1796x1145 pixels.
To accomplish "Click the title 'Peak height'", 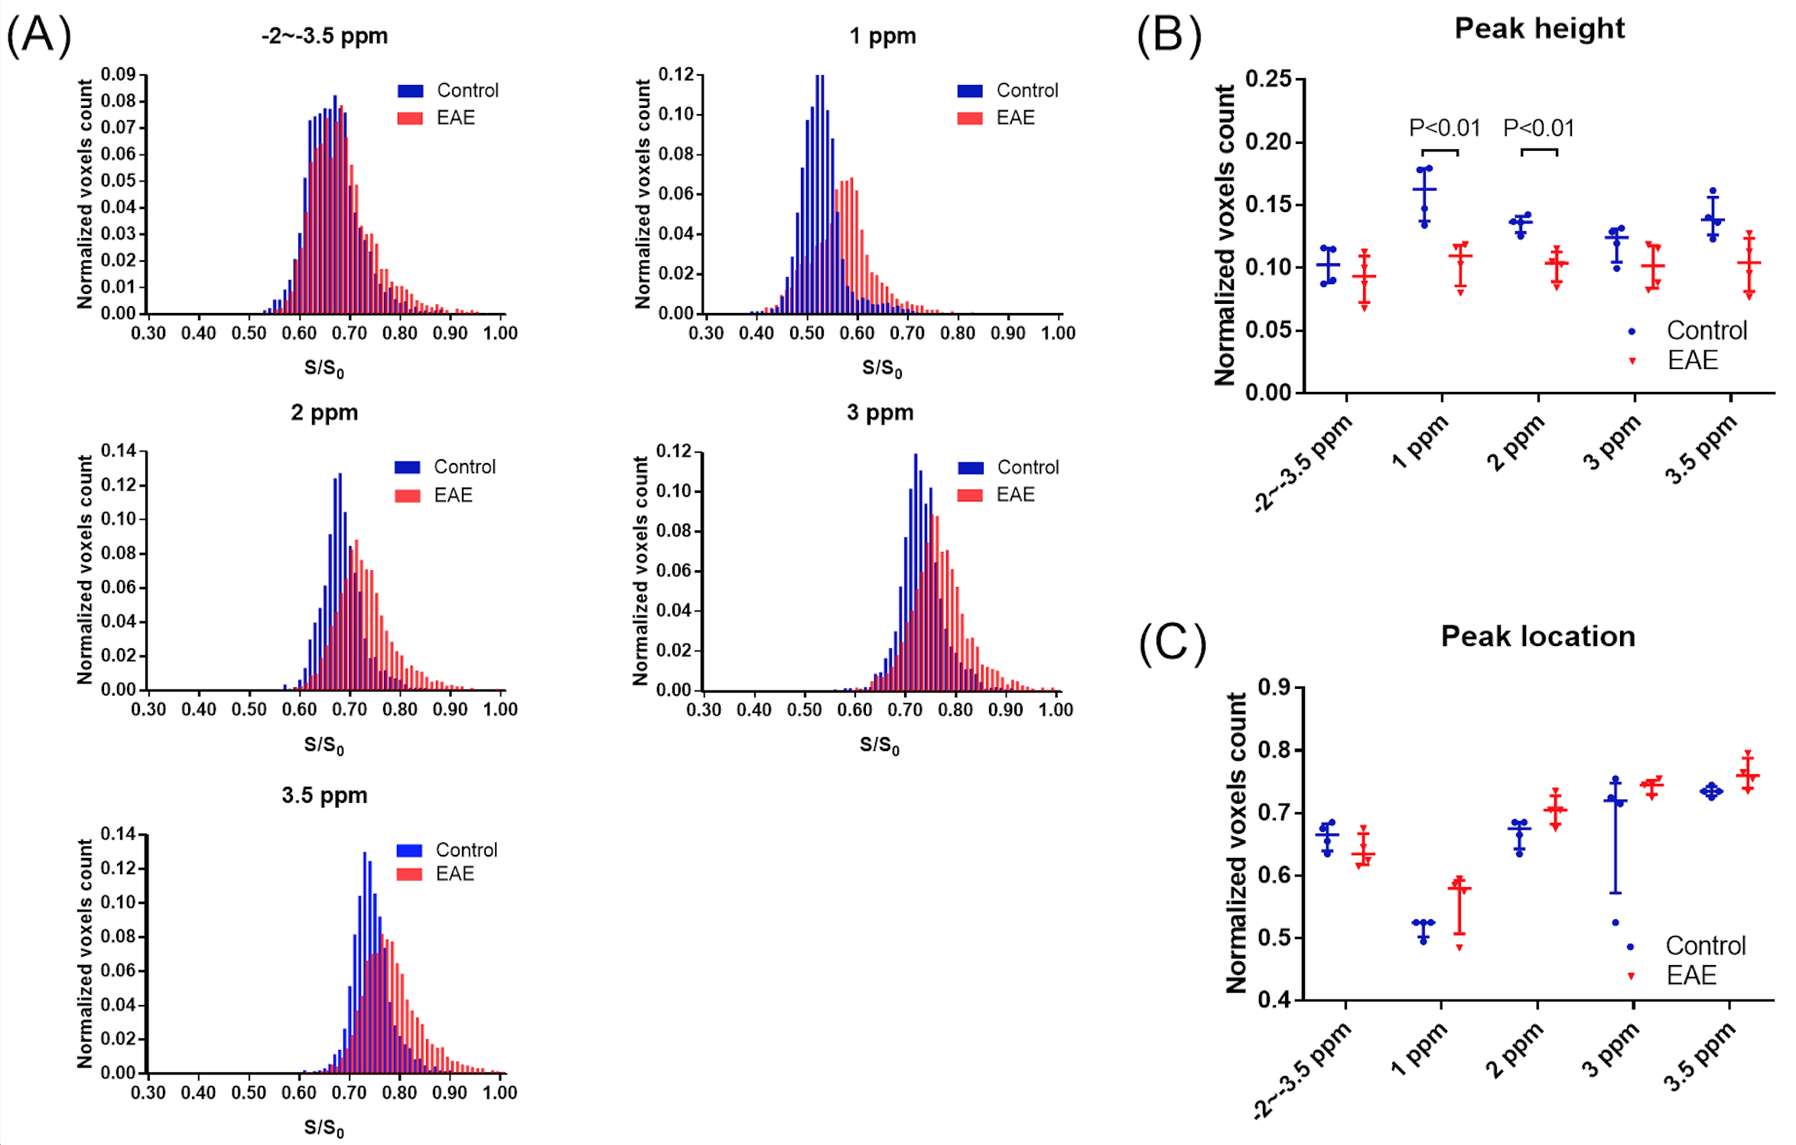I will (1539, 28).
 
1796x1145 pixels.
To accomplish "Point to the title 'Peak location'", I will (1537, 636).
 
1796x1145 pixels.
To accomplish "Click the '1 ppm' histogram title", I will (882, 36).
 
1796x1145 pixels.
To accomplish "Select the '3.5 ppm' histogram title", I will (324, 795).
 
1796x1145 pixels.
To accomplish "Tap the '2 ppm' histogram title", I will (324, 413).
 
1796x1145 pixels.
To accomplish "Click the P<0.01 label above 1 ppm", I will (1444, 128).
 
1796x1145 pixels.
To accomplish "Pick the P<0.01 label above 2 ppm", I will (1538, 128).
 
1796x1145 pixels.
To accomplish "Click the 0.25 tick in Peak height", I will (1268, 79).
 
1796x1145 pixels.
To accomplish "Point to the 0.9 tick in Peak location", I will (1274, 687).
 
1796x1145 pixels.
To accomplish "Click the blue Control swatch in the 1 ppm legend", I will (969, 91).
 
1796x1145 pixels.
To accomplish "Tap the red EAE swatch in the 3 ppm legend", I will (969, 495).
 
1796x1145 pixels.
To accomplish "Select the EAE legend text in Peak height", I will (1692, 360).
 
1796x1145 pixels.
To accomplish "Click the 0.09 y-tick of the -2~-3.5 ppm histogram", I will (119, 74).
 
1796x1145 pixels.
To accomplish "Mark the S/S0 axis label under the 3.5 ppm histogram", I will (324, 1127).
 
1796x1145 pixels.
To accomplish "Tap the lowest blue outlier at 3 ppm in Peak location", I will (1615, 923).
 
